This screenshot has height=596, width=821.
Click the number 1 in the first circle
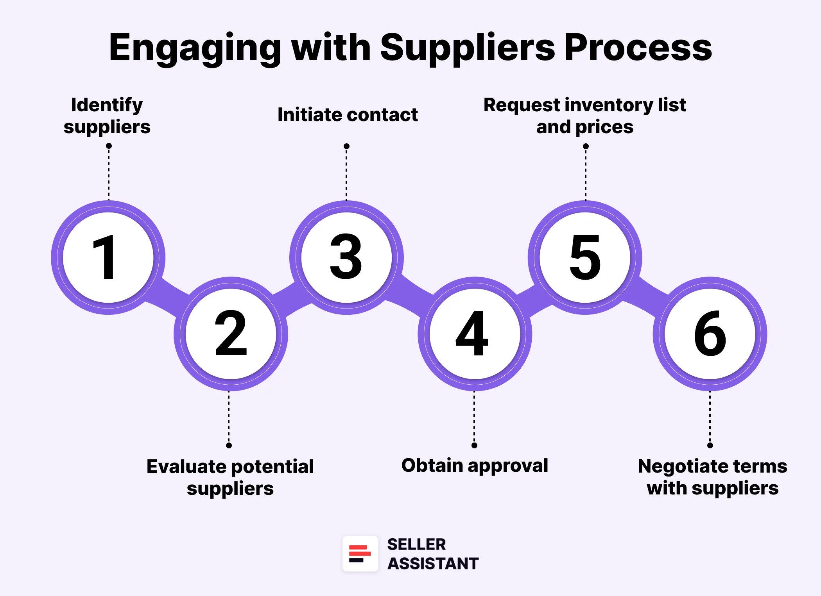[105, 257]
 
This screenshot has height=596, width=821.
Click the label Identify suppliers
[107, 116]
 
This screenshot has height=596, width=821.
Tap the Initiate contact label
[347, 115]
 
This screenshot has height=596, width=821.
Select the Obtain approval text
[475, 465]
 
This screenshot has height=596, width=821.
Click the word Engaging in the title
[195, 48]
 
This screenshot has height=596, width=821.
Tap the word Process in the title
[638, 48]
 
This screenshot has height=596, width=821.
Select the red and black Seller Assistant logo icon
[360, 553]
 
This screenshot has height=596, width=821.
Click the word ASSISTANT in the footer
[433, 563]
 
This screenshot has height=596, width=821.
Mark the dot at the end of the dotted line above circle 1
[109, 146]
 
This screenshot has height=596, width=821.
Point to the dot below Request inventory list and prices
[585, 146]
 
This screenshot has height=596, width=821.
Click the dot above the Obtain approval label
[474, 445]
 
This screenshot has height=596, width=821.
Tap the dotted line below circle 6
[710, 418]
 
